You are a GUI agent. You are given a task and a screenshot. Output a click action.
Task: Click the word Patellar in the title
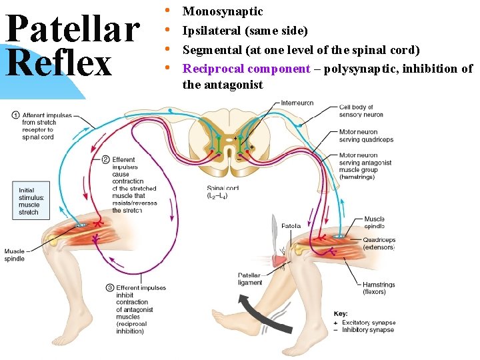tap(72, 28)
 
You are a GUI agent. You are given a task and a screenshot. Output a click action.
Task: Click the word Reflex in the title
tap(60, 63)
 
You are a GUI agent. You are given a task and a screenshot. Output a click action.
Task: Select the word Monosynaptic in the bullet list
tap(223, 11)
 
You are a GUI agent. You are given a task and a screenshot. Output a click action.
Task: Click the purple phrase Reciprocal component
tap(247, 69)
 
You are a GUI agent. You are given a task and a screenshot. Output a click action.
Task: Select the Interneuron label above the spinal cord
tap(297, 103)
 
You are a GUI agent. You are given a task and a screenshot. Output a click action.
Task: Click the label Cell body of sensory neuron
tap(361, 111)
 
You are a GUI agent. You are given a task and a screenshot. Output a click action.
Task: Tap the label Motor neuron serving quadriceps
tap(366, 136)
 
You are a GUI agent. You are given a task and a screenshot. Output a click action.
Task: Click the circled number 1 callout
tap(15, 115)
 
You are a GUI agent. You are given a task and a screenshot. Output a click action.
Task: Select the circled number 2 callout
tap(106, 160)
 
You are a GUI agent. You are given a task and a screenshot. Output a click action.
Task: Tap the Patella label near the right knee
tap(291, 226)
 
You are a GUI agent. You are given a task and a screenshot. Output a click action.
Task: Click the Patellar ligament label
tap(250, 279)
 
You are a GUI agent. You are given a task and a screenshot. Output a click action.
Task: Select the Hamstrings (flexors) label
tap(379, 288)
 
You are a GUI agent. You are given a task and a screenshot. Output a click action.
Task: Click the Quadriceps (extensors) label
tap(379, 243)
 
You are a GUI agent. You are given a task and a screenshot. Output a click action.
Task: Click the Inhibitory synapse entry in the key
tap(367, 329)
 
